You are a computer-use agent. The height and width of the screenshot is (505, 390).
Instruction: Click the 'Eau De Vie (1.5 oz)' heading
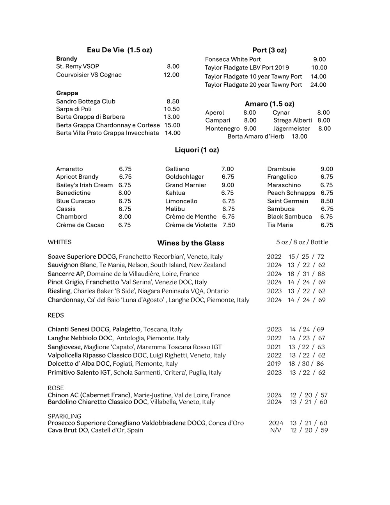tap(119, 50)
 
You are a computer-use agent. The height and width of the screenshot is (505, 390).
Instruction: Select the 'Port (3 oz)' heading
tap(269, 50)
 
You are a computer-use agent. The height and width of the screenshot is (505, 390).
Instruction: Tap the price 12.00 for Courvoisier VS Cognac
tap(171, 75)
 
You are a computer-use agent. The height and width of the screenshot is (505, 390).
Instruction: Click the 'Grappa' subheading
tap(67, 93)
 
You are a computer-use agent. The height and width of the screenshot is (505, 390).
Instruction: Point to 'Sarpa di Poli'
tap(74, 109)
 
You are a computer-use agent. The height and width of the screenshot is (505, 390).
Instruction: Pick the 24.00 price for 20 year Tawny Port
tap(318, 85)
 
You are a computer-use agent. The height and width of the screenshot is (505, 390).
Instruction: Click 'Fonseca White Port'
tap(233, 59)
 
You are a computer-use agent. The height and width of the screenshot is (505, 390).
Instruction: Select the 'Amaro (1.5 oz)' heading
tap(269, 104)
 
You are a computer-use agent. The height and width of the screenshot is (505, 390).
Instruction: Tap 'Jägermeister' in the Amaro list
tap(292, 129)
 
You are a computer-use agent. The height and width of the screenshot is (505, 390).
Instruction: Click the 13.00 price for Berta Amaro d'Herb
tap(299, 137)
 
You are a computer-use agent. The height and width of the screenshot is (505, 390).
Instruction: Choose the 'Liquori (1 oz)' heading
tap(197, 150)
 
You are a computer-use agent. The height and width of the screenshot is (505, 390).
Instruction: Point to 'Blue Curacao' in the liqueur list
tap(76, 201)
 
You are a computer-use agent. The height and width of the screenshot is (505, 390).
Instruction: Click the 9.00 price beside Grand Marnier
tap(228, 185)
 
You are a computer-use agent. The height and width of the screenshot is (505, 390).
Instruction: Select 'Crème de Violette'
tap(191, 225)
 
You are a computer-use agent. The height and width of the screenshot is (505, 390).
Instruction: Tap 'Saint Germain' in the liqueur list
tap(288, 201)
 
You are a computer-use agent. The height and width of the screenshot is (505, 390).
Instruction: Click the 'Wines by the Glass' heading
tap(191, 243)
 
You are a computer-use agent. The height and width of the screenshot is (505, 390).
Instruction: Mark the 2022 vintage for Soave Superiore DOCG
tap(274, 257)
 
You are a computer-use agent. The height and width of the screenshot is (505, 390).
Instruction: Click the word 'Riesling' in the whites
tap(59, 291)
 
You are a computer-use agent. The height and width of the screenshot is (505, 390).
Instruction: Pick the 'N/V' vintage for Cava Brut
tap(275, 430)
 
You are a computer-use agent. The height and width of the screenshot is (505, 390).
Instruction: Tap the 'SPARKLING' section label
tap(64, 416)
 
